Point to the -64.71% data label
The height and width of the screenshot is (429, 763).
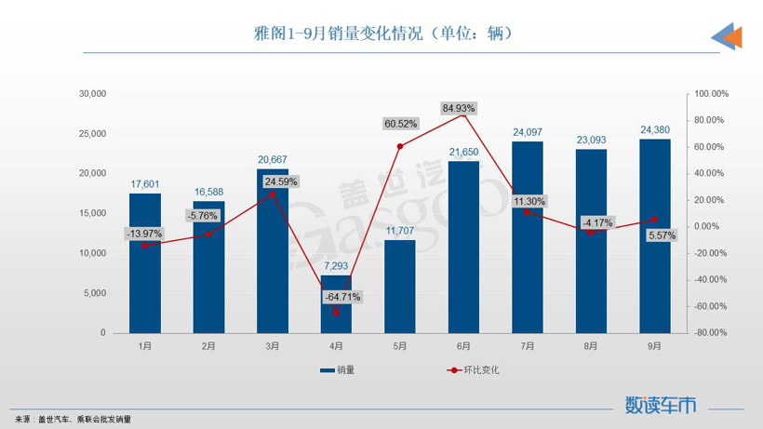[342, 297]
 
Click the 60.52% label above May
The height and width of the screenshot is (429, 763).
[400, 123]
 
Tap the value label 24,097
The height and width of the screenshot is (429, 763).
[528, 132]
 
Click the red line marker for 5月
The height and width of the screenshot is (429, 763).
[400, 146]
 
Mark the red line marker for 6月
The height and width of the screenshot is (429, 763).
[463, 114]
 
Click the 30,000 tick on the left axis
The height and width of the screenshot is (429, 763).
[93, 94]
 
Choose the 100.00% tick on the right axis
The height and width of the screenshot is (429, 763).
[709, 94]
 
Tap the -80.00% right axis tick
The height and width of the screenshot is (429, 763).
[709, 332]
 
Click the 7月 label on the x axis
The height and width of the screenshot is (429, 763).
[528, 345]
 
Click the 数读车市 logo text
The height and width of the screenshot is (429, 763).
[661, 405]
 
